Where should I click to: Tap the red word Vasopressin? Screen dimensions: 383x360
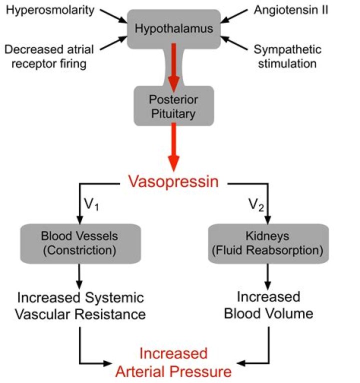point(173,181)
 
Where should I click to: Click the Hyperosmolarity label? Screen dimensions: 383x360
point(51,10)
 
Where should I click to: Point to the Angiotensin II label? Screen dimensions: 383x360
point(290,10)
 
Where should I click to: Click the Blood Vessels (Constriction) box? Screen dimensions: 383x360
point(79,243)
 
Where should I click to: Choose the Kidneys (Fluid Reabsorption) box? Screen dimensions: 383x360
point(268,243)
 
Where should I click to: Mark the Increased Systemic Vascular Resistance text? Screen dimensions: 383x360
point(81,306)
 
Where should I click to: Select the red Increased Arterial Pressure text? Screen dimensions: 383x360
point(173,362)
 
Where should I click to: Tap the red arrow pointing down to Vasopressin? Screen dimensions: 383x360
point(173,147)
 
